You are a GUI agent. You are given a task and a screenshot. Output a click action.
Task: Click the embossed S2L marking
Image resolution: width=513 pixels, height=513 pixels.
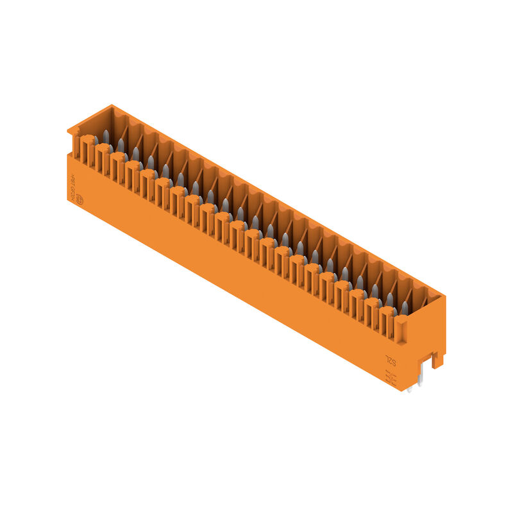pos(391,362)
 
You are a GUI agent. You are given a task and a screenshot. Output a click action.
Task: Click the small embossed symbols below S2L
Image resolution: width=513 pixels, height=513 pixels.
pos(391,378)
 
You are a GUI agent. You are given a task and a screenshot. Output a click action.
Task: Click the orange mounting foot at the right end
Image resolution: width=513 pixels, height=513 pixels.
pos(438,360)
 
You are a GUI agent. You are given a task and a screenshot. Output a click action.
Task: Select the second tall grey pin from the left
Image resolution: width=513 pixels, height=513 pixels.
pos(121,146)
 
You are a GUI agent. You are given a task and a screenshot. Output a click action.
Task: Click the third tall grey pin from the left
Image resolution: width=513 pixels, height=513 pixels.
pos(135,155)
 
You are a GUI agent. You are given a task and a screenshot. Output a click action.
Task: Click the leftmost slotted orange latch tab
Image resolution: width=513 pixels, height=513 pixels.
pos(87,149)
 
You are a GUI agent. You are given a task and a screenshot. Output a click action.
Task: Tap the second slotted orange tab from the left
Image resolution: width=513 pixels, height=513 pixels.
pos(103,158)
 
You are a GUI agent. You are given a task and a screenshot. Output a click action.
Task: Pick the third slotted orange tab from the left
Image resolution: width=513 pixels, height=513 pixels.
pos(117,167)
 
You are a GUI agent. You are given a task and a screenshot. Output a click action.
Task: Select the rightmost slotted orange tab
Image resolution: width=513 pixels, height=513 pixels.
pos(386,321)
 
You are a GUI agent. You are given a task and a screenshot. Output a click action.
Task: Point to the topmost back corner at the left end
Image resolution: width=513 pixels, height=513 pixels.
pos(111,106)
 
